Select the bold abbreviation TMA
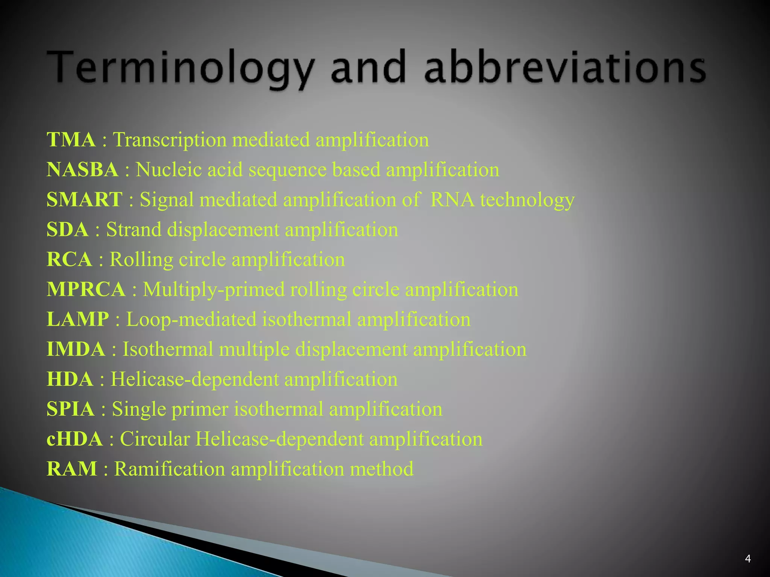(71, 140)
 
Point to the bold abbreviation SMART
(85, 199)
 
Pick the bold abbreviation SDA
(68, 230)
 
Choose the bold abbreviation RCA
(70, 259)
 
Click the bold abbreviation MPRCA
(86, 289)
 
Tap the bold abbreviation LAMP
(78, 319)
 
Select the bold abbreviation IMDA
(76, 349)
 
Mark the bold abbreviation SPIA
(71, 409)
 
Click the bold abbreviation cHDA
(75, 439)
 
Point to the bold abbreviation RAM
(72, 469)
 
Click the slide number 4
(748, 559)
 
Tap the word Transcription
(170, 140)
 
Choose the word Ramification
(170, 469)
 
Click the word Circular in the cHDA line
(155, 439)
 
